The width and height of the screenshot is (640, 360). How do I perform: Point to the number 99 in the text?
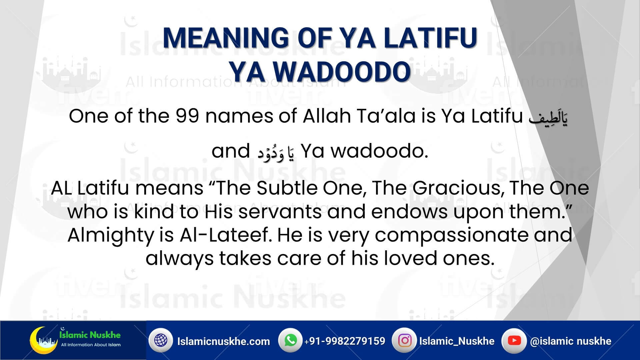(188, 116)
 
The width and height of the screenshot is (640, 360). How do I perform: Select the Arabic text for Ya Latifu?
(548, 117)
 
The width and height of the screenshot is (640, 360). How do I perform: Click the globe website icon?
(161, 340)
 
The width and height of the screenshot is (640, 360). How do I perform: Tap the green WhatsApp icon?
(290, 340)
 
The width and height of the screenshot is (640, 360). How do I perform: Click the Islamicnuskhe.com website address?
(224, 341)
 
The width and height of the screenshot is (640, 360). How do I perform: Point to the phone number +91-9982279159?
(345, 341)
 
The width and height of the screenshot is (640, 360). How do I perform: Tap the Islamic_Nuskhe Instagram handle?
(457, 341)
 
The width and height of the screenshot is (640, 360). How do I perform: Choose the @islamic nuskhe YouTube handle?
(571, 341)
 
